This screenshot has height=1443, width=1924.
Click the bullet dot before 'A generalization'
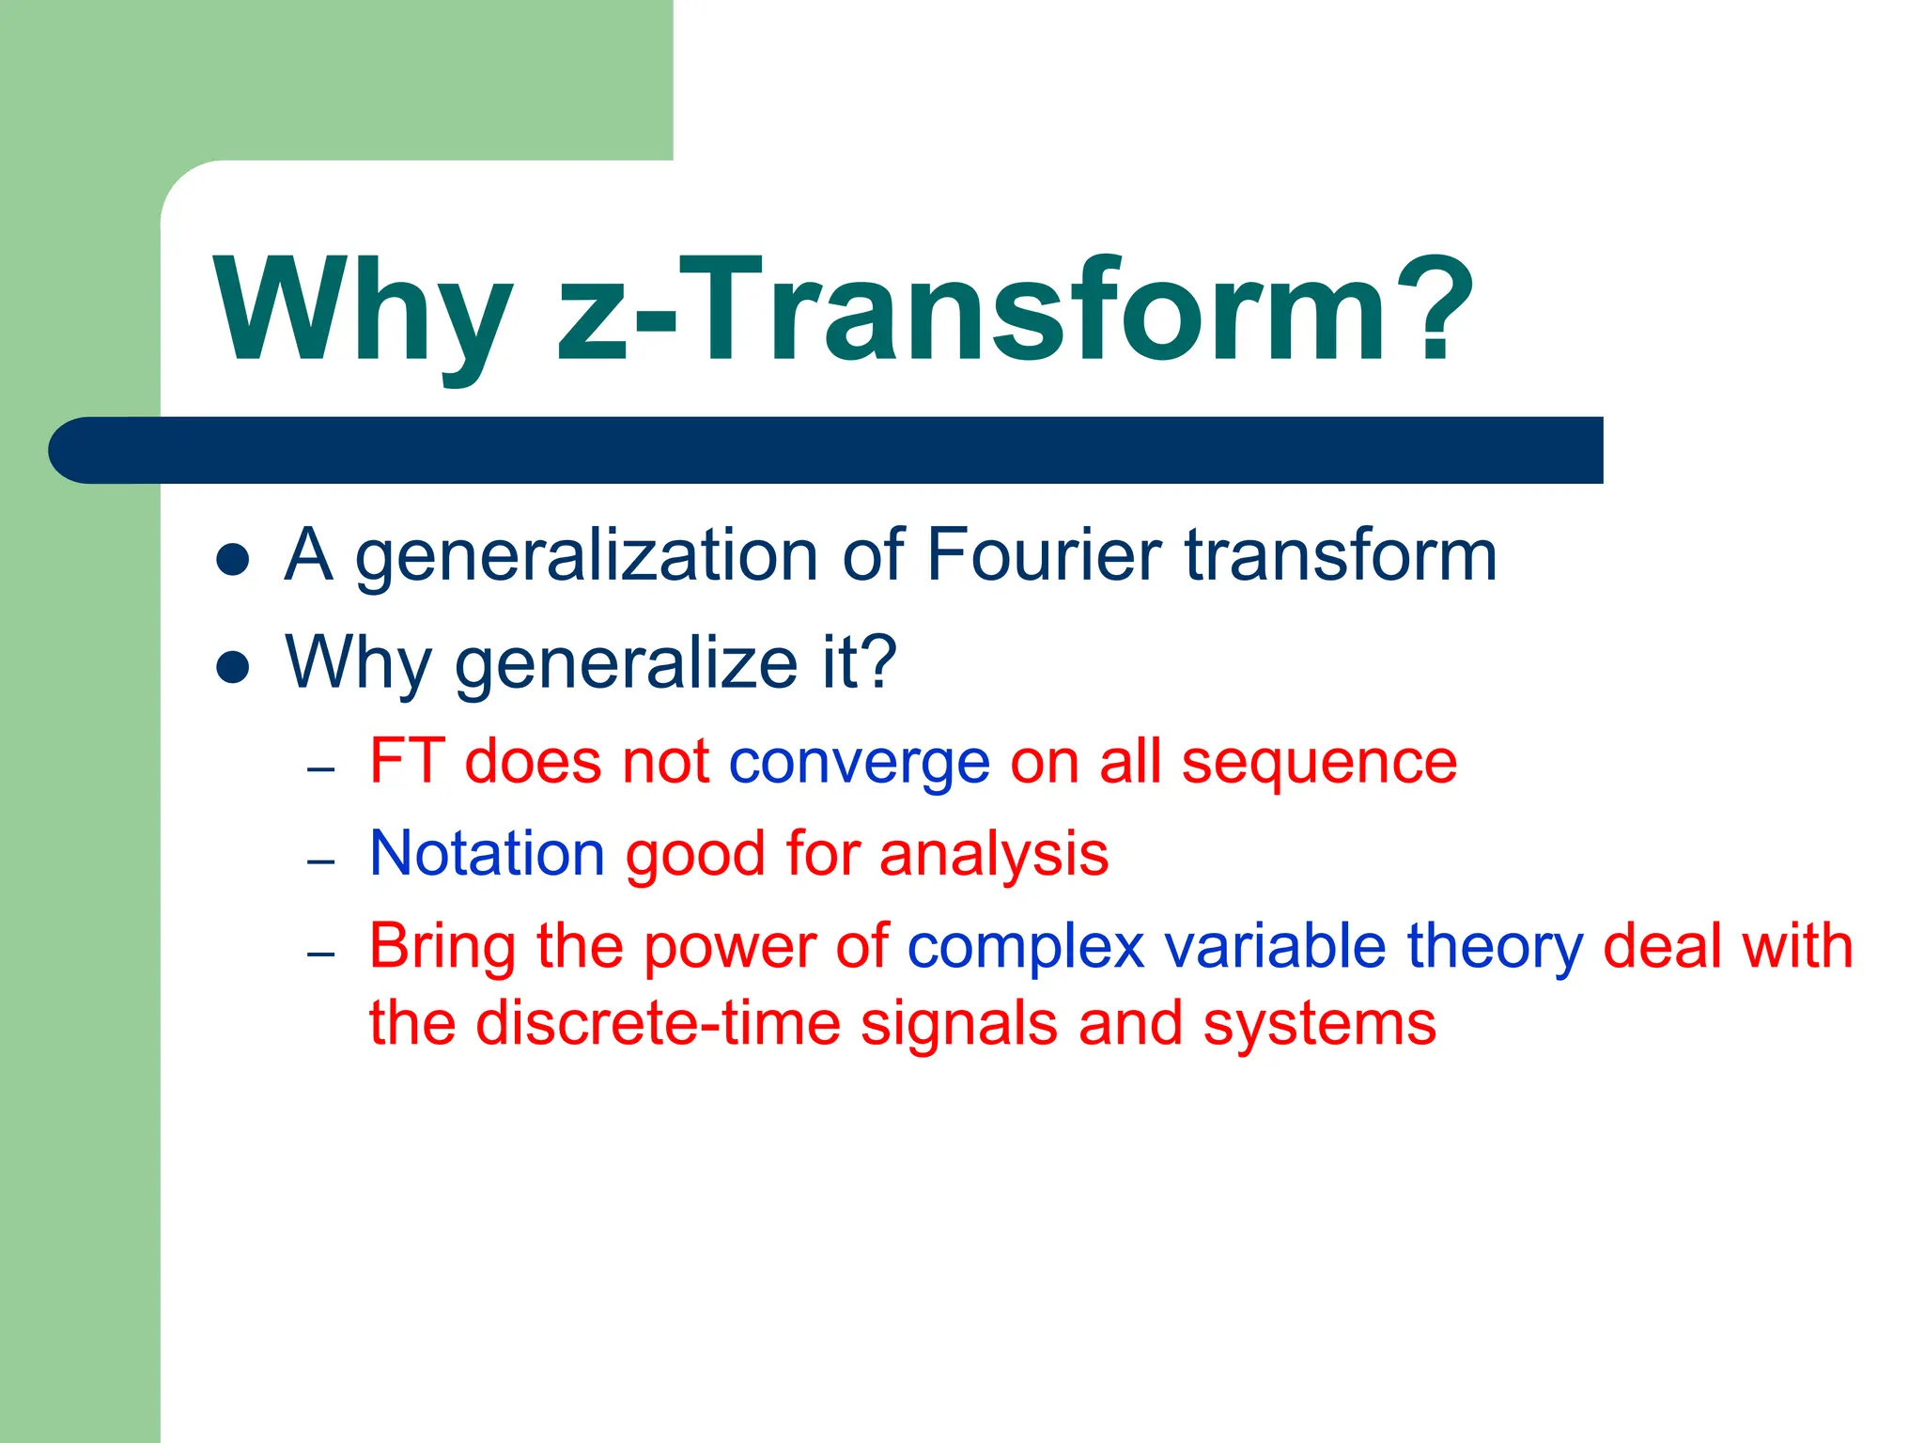pyautogui.click(x=232, y=560)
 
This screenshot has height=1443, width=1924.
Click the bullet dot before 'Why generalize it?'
pyautogui.click(x=232, y=668)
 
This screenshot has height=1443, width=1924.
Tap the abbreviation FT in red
pyautogui.click(x=406, y=760)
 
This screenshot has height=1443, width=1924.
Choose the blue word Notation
pyautogui.click(x=487, y=853)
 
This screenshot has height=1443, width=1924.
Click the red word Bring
pyautogui.click(x=442, y=947)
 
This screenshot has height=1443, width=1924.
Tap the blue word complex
pyautogui.click(x=1025, y=947)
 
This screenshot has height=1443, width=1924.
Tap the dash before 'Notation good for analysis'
pyautogui.click(x=321, y=861)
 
